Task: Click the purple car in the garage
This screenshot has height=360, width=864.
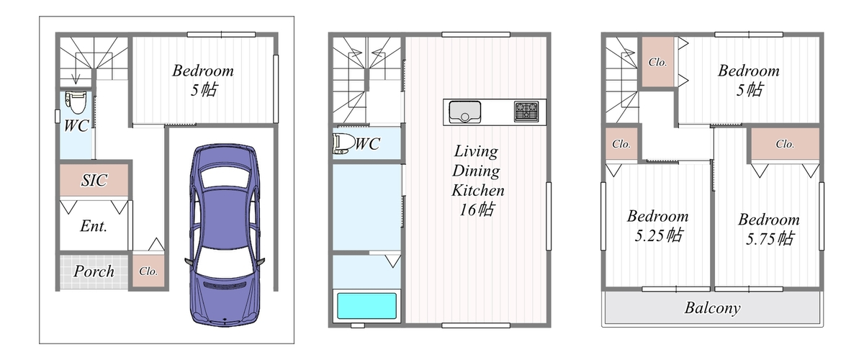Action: pyautogui.click(x=225, y=235)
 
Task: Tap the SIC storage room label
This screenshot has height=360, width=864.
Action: pyautogui.click(x=94, y=180)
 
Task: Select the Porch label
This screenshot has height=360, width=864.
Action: pyautogui.click(x=94, y=271)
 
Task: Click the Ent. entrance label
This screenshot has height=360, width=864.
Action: pyautogui.click(x=94, y=226)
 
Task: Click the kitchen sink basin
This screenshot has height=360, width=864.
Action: pyautogui.click(x=465, y=111)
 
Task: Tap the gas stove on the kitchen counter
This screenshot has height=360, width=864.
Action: pyautogui.click(x=526, y=112)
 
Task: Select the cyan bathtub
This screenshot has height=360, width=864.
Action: pyautogui.click(x=366, y=305)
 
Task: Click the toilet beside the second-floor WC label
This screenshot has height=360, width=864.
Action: pyautogui.click(x=343, y=143)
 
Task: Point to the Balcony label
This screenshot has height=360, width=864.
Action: pyautogui.click(x=712, y=308)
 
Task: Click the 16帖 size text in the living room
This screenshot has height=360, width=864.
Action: pyautogui.click(x=477, y=210)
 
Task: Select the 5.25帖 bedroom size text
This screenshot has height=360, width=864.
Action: pyautogui.click(x=659, y=235)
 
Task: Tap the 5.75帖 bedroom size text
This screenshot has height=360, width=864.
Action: pyautogui.click(x=770, y=238)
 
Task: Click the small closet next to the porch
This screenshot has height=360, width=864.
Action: pyautogui.click(x=148, y=271)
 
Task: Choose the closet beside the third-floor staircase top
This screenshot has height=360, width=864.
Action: pyautogui.click(x=657, y=62)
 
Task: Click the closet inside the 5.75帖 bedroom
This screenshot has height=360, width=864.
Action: pyautogui.click(x=785, y=144)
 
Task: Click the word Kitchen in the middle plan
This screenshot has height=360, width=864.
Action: pyautogui.click(x=477, y=190)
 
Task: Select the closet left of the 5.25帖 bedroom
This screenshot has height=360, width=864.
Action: pyautogui.click(x=621, y=144)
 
